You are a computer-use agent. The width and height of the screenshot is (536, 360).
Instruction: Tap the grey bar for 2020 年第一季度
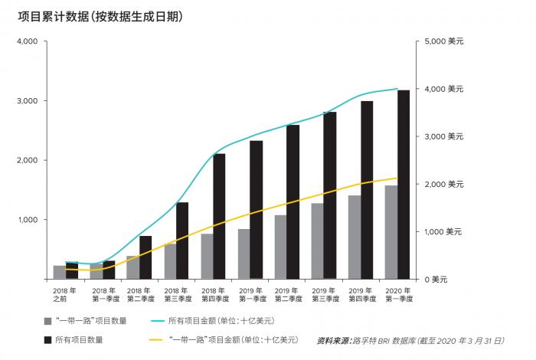(x=391, y=232)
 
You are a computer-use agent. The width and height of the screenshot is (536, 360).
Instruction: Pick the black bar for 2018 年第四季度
(x=219, y=216)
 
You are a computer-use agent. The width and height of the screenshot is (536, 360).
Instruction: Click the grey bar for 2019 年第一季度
(x=243, y=254)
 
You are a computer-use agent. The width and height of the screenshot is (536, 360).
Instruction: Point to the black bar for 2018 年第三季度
(x=182, y=241)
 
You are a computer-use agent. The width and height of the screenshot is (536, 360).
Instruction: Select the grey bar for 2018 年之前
(x=60, y=272)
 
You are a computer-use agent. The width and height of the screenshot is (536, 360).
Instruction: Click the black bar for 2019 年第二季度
(x=293, y=201)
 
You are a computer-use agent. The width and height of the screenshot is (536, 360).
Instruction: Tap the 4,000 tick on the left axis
(x=27, y=41)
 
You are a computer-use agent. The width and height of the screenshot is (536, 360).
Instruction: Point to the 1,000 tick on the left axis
(x=27, y=220)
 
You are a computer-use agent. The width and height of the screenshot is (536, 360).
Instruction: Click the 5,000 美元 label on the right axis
(x=440, y=41)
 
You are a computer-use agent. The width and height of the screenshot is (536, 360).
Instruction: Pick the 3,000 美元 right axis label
(x=440, y=136)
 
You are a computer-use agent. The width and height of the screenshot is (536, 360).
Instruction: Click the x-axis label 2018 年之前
(x=66, y=295)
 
